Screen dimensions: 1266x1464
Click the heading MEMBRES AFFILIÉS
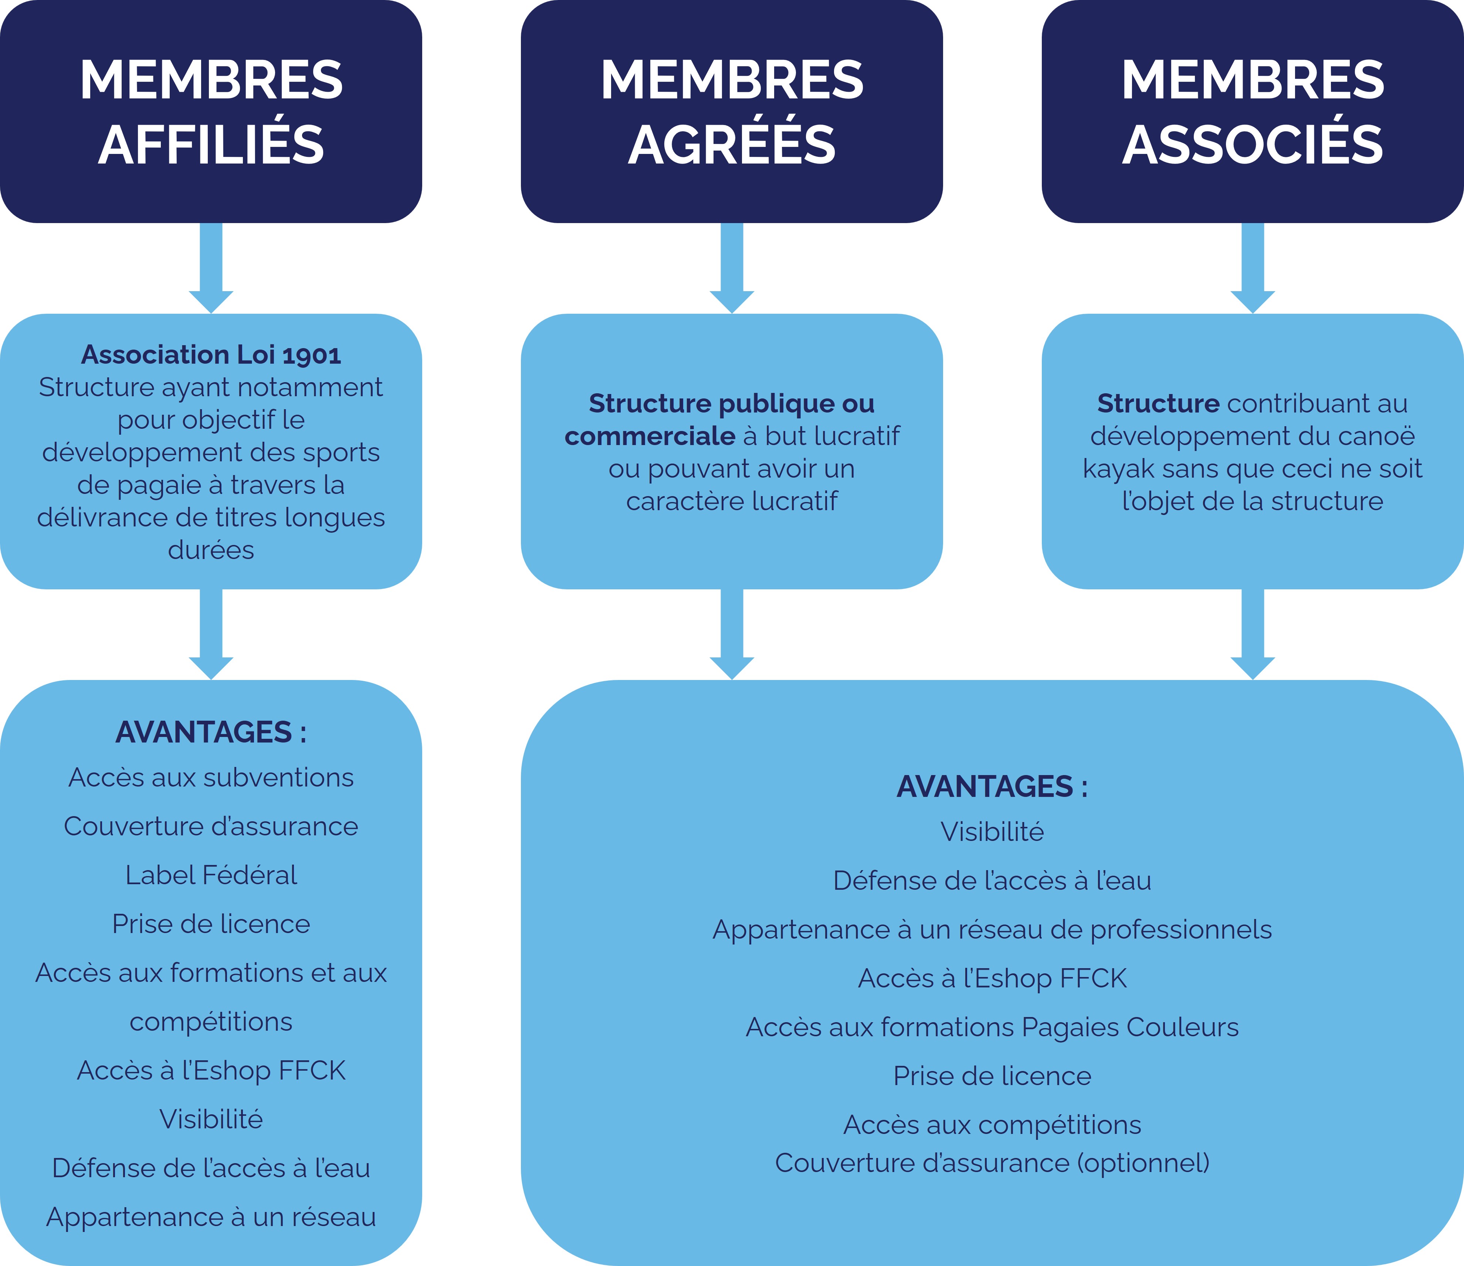pyautogui.click(x=211, y=112)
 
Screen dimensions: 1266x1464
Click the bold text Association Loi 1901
pyautogui.click(x=211, y=354)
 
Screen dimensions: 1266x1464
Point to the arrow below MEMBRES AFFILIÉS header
pyautogui.click(x=211, y=269)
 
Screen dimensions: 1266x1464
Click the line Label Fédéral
pyautogui.click(x=211, y=875)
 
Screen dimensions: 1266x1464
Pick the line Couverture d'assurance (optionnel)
pyautogui.click(x=992, y=1163)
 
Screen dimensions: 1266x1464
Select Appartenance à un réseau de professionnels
pyautogui.click(x=992, y=930)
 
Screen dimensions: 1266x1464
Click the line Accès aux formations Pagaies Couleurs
pyautogui.click(x=992, y=1027)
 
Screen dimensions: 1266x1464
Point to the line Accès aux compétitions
pyautogui.click(x=992, y=1125)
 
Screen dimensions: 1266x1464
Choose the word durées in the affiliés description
pyautogui.click(x=211, y=550)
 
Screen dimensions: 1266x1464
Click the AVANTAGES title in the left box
pyautogui.click(x=211, y=732)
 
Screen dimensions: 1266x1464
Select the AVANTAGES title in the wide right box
pyautogui.click(x=992, y=787)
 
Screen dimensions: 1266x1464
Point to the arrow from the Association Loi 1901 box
pyautogui.click(x=211, y=634)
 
